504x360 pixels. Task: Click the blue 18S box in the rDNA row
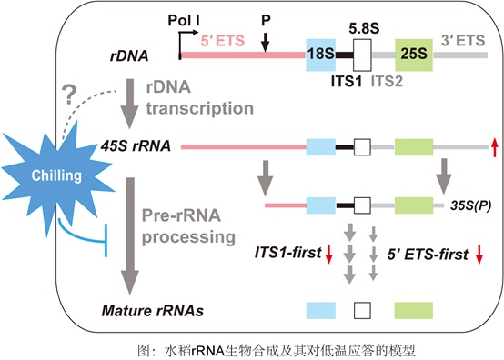(320, 55)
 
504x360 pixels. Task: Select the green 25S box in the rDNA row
(414, 55)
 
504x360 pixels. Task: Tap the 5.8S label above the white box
(364, 28)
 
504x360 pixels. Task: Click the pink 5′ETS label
(223, 41)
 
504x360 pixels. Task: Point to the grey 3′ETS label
(463, 41)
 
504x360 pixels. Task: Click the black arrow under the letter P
(265, 42)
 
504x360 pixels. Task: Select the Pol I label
(184, 21)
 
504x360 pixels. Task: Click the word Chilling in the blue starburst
(56, 175)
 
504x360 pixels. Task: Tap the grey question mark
(69, 95)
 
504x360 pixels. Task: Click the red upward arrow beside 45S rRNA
(494, 146)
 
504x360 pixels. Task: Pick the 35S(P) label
(471, 205)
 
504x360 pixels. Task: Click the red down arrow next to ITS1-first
(328, 254)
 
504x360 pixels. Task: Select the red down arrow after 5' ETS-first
(479, 254)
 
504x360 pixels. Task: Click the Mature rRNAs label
(152, 311)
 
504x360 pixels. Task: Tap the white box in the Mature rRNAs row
(362, 311)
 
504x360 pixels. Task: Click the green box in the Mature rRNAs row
(414, 311)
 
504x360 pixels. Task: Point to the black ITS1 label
(347, 82)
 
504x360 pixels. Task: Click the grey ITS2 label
(387, 82)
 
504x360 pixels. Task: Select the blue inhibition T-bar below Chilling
(83, 237)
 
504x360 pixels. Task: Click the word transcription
(200, 108)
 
